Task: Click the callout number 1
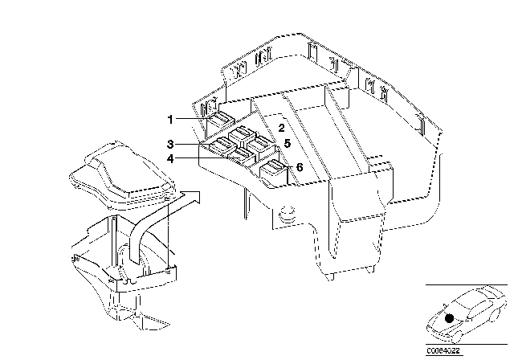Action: coord(170,120)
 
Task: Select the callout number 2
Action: coord(282,128)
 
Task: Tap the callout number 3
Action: coord(170,144)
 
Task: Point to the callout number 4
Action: coord(170,158)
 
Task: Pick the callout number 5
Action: coord(286,143)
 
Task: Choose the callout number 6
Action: coord(299,166)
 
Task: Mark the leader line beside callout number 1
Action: coord(194,120)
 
